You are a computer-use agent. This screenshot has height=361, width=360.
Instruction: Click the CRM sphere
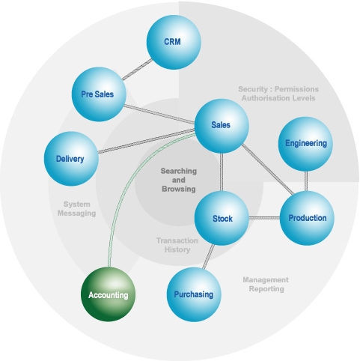(174, 42)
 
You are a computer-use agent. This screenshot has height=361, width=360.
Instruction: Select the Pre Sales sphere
(99, 94)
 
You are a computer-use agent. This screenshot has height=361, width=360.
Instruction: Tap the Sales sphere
(222, 126)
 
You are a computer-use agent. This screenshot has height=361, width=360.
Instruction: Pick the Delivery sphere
(71, 159)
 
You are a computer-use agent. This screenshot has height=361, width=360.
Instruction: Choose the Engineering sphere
(305, 144)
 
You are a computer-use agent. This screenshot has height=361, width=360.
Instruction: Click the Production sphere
(307, 218)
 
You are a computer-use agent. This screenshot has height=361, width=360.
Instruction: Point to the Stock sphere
(222, 218)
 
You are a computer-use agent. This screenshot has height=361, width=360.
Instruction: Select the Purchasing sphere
(194, 294)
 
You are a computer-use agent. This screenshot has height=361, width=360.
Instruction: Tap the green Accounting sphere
(108, 294)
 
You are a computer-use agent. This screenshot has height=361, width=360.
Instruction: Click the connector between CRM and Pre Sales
(137, 70)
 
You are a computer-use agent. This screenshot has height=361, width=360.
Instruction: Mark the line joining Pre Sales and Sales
(159, 114)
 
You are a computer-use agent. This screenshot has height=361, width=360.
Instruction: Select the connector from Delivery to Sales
(147, 141)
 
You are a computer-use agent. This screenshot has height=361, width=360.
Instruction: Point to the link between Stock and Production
(264, 218)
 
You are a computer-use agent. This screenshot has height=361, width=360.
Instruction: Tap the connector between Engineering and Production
(306, 181)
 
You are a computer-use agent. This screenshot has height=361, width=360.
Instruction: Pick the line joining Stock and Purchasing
(208, 256)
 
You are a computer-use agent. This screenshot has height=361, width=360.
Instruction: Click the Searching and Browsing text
(179, 180)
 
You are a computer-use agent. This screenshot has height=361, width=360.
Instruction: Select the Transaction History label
(177, 245)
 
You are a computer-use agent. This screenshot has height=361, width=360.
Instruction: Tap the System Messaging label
(76, 209)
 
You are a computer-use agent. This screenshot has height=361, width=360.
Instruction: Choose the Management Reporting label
(266, 285)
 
